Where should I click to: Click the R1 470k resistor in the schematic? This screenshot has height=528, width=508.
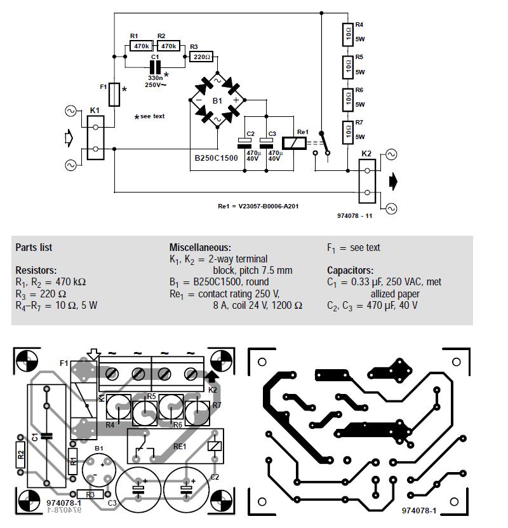click(140, 46)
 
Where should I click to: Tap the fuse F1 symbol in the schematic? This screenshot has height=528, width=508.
click(114, 94)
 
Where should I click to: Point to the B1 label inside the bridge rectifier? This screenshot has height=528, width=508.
click(217, 100)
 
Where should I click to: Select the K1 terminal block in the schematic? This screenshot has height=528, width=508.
click(95, 139)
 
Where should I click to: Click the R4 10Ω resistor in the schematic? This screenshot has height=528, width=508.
click(347, 34)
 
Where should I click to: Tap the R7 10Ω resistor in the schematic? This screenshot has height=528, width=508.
click(347, 132)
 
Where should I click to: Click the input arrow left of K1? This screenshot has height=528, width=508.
click(70, 138)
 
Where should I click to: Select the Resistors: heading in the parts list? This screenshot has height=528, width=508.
click(36, 270)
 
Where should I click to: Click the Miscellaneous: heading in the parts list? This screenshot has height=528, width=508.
click(200, 247)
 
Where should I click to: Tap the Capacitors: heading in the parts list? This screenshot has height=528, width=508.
click(350, 270)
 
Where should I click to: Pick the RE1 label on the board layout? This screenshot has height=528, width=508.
click(180, 447)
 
